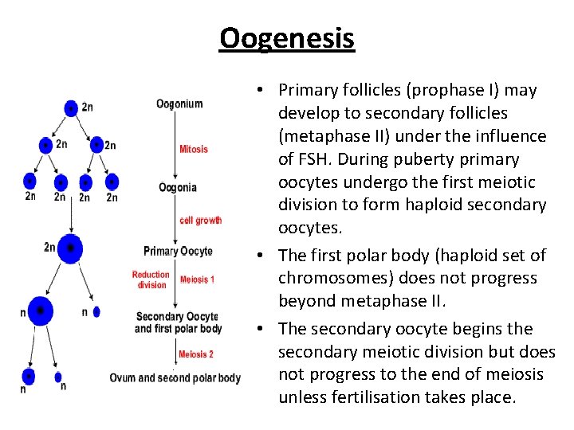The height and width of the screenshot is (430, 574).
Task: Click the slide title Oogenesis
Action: [x=287, y=37]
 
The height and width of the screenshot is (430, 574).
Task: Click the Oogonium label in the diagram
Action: [x=179, y=104]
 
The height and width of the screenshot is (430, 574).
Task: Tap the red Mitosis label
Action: [x=194, y=149]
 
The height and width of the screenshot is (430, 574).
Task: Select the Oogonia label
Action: [x=178, y=188]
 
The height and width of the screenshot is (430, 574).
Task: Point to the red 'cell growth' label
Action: [x=201, y=221]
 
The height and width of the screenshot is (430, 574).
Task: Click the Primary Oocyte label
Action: [x=179, y=252]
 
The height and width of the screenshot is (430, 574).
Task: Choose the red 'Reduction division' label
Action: [x=151, y=279]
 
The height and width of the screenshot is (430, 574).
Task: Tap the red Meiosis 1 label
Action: [x=197, y=279]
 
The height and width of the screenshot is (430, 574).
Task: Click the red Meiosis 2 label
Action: [x=196, y=354]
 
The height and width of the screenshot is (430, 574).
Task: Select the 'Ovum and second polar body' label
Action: [x=175, y=377]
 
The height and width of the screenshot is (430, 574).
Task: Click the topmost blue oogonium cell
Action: [x=72, y=107]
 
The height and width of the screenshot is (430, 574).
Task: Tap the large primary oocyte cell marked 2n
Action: [x=71, y=248]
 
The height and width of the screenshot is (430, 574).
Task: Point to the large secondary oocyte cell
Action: [x=40, y=311]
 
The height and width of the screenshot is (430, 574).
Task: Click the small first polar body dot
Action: [x=96, y=312]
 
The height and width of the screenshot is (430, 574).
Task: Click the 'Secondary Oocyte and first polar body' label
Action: [x=179, y=322]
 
